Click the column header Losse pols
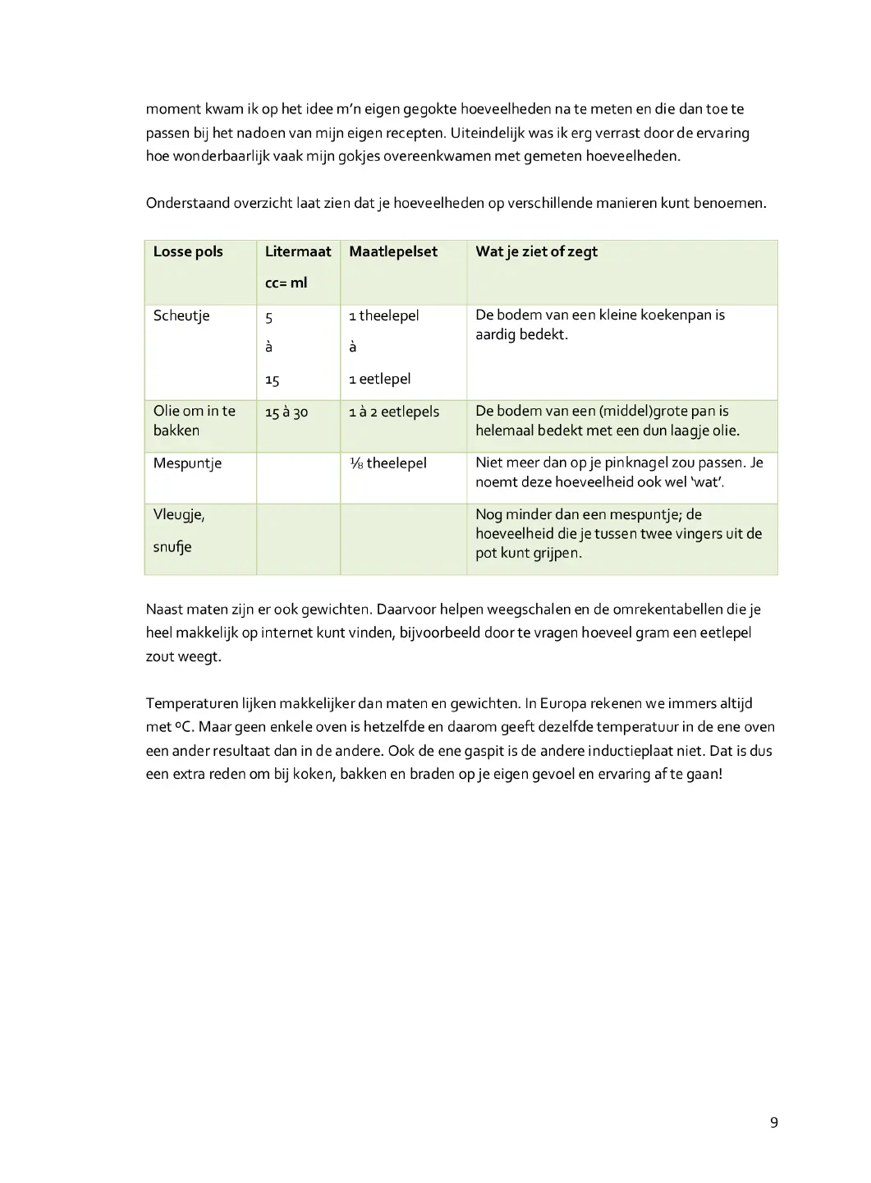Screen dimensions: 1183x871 188,251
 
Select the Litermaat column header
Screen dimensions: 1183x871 297,251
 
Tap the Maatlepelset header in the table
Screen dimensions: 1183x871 393,251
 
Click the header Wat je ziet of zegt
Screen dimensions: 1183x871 536,251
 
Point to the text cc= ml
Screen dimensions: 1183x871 286,283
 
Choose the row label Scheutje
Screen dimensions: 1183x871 181,315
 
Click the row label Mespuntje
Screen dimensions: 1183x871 187,463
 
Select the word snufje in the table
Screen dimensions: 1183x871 172,547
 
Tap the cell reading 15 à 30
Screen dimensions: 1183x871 286,412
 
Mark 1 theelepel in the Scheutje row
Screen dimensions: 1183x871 384,315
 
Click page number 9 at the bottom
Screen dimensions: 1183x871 773,1123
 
